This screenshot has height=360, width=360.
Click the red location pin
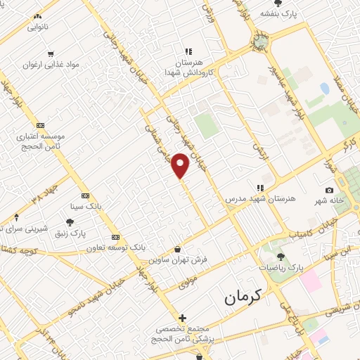click(181, 165)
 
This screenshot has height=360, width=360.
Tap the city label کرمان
click(243, 297)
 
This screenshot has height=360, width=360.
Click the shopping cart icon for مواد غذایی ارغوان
click(51, 53)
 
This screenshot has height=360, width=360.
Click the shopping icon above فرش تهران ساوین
click(178, 249)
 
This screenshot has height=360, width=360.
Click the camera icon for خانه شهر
click(329, 190)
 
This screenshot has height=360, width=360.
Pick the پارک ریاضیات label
click(279, 268)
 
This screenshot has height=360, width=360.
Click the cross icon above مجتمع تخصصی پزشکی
click(183, 318)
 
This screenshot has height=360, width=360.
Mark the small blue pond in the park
click(324, 89)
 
